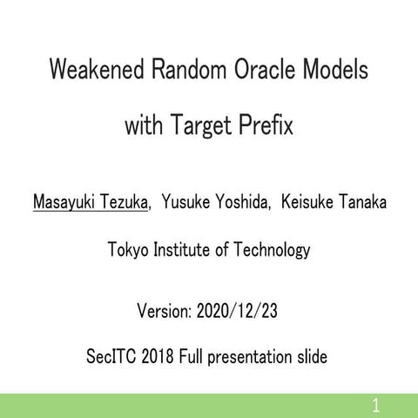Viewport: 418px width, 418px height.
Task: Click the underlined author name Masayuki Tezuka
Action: tap(89, 202)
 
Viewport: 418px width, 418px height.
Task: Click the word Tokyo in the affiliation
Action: tap(127, 251)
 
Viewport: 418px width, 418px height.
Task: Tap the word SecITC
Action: tap(114, 357)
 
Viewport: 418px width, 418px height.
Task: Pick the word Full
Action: tap(197, 357)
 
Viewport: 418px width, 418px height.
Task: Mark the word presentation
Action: tap(255, 357)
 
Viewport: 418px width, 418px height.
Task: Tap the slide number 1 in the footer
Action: tap(375, 404)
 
